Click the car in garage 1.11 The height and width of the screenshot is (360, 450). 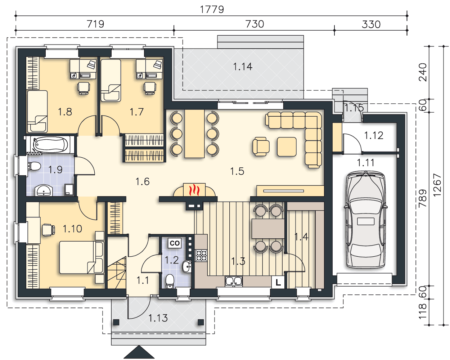click(365, 219)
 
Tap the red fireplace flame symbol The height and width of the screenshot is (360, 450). click(194, 190)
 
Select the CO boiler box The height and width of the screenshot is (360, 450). click(175, 243)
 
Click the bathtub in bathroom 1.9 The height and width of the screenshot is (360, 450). click(50, 145)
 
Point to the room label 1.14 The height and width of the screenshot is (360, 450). click(243, 67)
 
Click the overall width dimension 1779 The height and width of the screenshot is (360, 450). click(212, 9)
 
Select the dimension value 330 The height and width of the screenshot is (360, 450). click(371, 24)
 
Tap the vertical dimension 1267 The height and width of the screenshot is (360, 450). click(437, 185)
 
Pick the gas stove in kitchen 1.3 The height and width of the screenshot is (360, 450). click(201, 256)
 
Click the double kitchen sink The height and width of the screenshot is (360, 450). click(234, 281)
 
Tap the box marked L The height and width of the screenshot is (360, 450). click(278, 282)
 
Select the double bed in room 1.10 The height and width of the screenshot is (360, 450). click(82, 257)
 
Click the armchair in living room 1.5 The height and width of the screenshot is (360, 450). click(261, 147)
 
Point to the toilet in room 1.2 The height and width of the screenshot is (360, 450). click(170, 281)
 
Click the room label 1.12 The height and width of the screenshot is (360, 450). click(374, 136)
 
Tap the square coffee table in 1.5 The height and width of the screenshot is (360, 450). click(287, 147)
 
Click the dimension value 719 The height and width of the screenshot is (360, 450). click(95, 24)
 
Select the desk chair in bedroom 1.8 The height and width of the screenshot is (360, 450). click(84, 88)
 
